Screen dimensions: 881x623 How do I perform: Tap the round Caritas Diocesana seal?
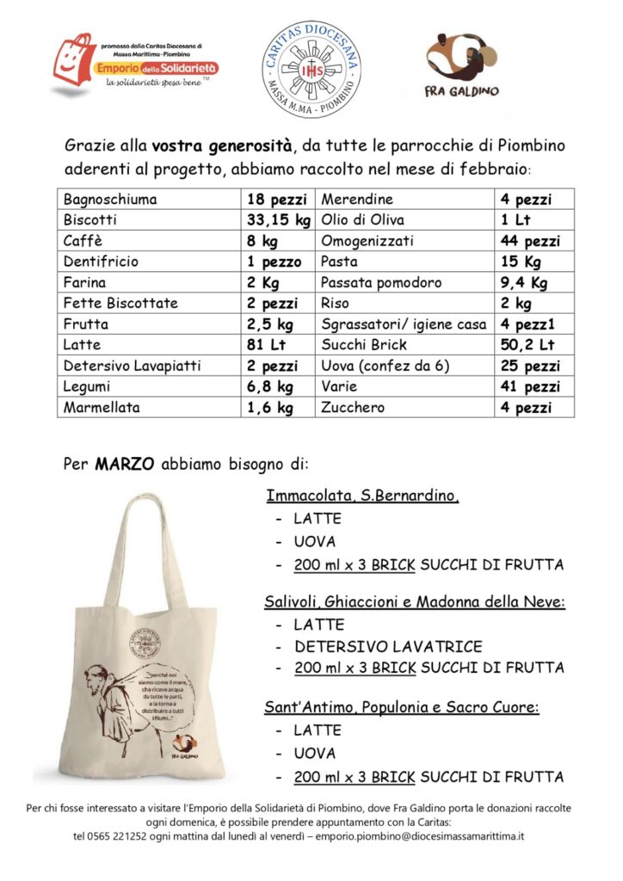click(311, 69)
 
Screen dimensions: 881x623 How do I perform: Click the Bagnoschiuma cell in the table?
click(110, 200)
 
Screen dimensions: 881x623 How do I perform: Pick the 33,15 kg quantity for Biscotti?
click(278, 220)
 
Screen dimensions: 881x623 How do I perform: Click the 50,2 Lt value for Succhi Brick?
click(527, 344)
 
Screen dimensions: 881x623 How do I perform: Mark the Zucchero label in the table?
click(353, 407)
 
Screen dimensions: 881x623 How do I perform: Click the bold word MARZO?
click(125, 464)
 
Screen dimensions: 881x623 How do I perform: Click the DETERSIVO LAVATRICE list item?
click(388, 646)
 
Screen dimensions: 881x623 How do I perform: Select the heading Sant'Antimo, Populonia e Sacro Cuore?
click(402, 707)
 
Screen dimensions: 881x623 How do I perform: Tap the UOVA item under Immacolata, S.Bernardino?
click(315, 542)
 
